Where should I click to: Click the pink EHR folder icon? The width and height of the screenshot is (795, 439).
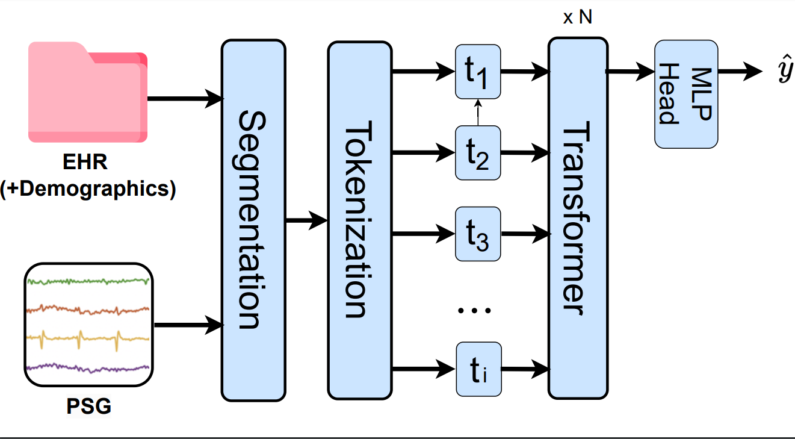pos(88,92)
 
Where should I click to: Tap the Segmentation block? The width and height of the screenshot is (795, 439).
pos(253,220)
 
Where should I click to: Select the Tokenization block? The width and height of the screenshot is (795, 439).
pos(359,220)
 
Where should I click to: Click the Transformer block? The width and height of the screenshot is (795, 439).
pos(578,218)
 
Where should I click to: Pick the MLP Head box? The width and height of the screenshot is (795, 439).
pos(686,94)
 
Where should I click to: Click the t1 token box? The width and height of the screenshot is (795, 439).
pos(478,72)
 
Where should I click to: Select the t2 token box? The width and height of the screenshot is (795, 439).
pos(478,153)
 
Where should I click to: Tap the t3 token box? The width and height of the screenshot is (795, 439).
pos(478,234)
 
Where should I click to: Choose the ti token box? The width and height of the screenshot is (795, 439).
pos(479,369)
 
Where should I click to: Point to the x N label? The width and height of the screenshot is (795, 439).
pos(577,17)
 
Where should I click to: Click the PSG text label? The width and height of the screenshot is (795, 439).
pos(88,406)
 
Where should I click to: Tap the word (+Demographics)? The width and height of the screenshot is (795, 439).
pos(88,189)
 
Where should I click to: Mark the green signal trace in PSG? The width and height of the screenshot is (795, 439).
pos(88,282)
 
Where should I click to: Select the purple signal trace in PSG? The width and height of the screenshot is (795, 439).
pos(88,367)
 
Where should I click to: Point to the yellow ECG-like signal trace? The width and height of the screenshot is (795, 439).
pos(88,338)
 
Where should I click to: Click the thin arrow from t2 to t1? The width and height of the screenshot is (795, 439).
pos(478,112)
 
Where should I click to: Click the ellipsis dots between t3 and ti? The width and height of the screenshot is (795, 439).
pos(474,310)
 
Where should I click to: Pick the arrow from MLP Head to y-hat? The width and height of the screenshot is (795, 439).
pos(740,72)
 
